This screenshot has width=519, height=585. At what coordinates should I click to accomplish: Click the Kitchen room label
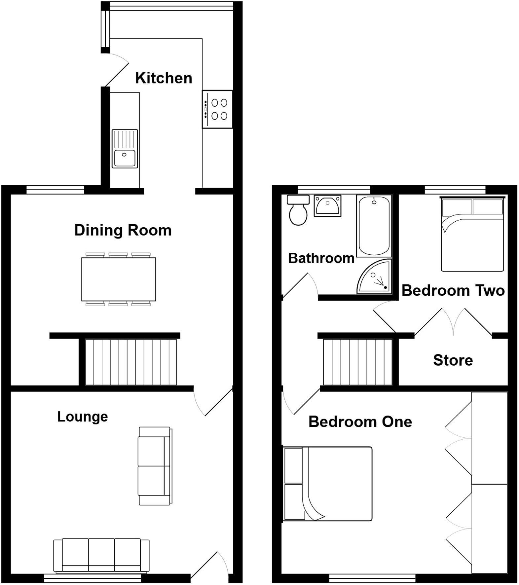[x=164, y=78]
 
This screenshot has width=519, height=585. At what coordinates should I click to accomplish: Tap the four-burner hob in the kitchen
[x=217, y=109]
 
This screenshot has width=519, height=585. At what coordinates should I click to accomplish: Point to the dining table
[x=119, y=279]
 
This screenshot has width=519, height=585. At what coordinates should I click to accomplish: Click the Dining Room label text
[x=123, y=230]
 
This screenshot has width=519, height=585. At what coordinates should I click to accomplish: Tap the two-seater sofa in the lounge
[x=154, y=466]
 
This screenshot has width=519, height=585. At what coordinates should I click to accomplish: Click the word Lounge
[x=83, y=417]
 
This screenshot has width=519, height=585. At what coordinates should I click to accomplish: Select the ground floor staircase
[x=131, y=362]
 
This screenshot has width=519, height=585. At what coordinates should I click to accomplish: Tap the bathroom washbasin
[x=327, y=205]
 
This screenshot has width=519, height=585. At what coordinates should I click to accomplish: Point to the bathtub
[x=374, y=226]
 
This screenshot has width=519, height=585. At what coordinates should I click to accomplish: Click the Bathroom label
[x=321, y=258]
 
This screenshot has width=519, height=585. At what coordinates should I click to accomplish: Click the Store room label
[x=453, y=360]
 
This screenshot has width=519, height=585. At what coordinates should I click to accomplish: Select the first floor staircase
[x=357, y=362]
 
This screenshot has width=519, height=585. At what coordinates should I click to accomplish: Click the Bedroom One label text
[x=360, y=422]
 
